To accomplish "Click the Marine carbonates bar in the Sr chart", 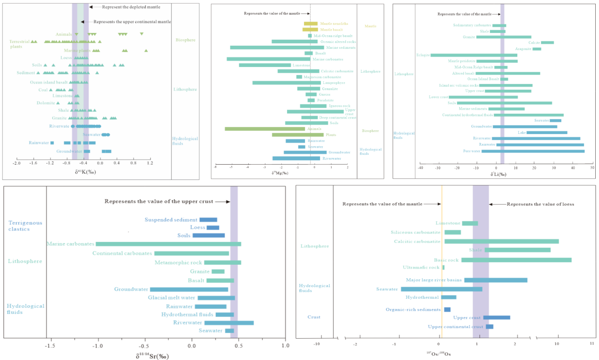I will tap(169, 244).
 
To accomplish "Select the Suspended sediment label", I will tap(171, 220).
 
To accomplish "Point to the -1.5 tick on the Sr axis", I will tap(50, 345).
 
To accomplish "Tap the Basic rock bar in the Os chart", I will tap(516, 260).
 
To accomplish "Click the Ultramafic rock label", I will tap(421, 268).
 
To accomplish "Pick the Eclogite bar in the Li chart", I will tap(474, 55).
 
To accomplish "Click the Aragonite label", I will tap(523, 49).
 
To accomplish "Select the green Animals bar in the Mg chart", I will tap(265, 128).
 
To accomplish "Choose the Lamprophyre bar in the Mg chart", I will tap(287, 83).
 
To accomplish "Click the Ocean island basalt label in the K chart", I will tap(49, 82).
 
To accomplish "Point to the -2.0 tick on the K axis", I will tap(17, 163).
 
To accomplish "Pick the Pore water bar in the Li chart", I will tap(533, 151).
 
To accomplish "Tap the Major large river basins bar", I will tap(496, 280).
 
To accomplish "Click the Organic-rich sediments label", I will tap(413, 310).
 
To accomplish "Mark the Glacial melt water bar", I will tap(216, 298).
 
